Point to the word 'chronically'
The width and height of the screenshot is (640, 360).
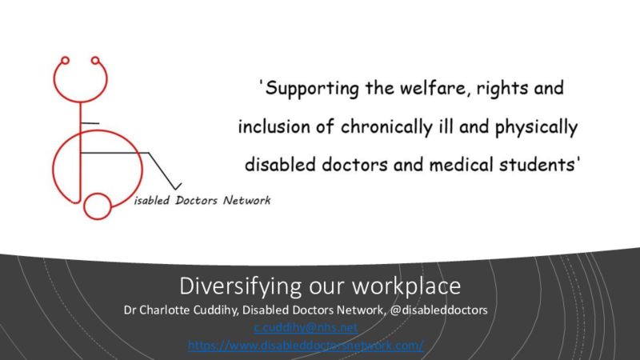tap(386, 127)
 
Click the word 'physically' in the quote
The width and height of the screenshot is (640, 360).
tap(536, 128)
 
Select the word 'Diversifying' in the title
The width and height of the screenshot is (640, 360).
tap(241, 286)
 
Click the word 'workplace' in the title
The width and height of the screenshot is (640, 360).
tap(406, 286)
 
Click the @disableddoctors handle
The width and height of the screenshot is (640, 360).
tap(438, 310)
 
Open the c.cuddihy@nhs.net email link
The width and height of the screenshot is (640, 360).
tap(306, 328)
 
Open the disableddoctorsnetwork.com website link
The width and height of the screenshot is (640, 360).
tap(306, 346)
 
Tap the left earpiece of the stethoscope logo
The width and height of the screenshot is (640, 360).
tap(65, 61)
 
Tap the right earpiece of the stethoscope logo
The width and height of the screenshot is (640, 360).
tap(95, 61)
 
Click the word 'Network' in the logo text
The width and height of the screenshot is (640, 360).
tap(246, 201)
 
